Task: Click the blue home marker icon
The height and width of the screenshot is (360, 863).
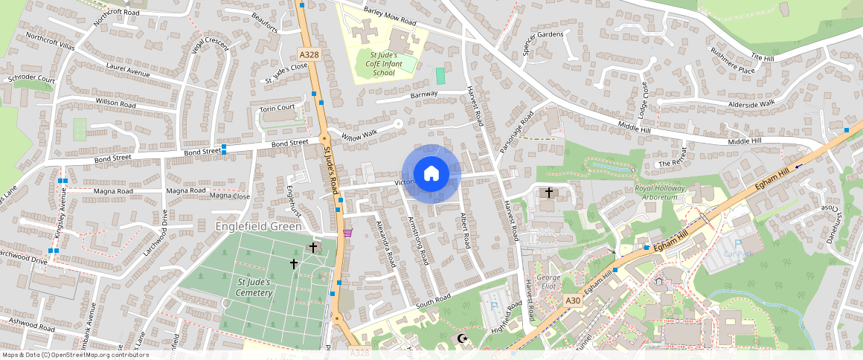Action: tap(431, 174)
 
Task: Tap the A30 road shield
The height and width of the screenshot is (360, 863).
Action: tap(571, 300)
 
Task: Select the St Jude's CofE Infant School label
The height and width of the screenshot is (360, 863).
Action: tap(383, 64)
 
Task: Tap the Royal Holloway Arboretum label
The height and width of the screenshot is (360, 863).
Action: tap(667, 193)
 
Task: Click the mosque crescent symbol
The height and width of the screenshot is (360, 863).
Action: tap(462, 338)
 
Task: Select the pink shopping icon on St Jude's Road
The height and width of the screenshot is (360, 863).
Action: tap(347, 233)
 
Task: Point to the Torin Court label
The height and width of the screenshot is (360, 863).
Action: tap(277, 108)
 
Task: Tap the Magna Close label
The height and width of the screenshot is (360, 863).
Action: tap(230, 196)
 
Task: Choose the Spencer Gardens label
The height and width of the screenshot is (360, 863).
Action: tap(543, 45)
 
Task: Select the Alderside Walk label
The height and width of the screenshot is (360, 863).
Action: tap(751, 103)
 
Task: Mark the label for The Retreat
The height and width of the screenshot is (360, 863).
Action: tap(674, 164)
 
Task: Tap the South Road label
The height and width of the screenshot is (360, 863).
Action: tap(433, 301)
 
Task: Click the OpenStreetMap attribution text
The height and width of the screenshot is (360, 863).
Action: tap(74, 355)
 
